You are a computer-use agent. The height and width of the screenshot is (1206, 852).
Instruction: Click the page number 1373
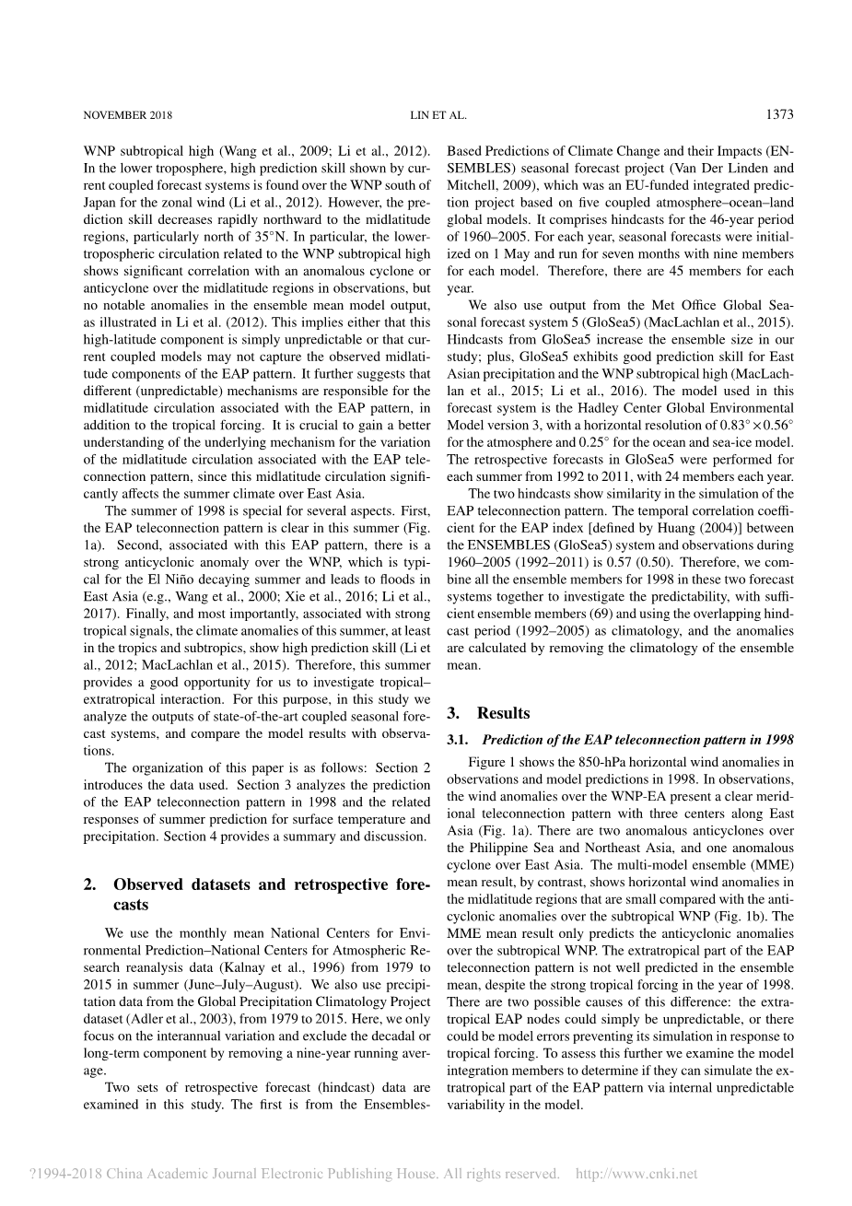[778, 115]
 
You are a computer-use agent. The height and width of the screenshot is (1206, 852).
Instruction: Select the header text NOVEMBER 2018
[127, 116]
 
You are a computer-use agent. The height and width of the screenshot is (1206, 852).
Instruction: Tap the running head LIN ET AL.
[438, 116]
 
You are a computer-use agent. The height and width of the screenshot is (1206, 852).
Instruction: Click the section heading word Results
[503, 713]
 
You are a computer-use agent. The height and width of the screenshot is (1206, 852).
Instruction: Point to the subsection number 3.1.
[459, 740]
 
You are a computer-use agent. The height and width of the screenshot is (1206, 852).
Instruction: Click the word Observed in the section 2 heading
[146, 884]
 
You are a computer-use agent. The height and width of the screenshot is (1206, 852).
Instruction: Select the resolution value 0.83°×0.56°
[745, 425]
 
